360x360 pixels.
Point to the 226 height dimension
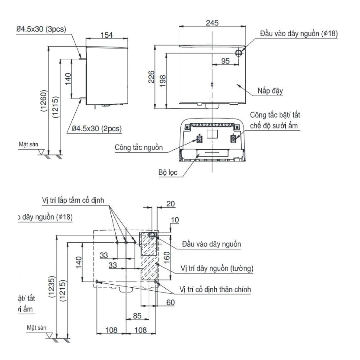click(x=151, y=77)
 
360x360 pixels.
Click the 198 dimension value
click(x=162, y=80)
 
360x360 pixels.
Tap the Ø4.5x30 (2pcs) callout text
click(x=94, y=128)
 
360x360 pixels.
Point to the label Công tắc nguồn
click(x=139, y=147)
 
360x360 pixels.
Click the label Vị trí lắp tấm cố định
click(x=73, y=200)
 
